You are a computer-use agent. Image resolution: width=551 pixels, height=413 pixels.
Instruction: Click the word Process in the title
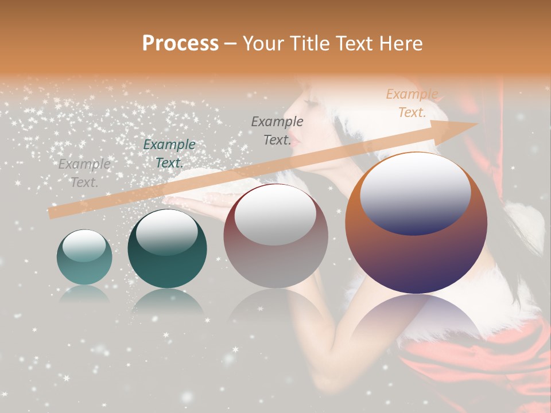pyautogui.click(x=180, y=44)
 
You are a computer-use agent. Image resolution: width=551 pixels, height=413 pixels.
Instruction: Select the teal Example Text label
pyautogui.click(x=169, y=154)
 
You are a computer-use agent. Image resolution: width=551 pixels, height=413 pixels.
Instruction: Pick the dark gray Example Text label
pyautogui.click(x=277, y=130)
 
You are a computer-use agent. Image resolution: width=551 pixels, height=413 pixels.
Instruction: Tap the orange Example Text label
pyautogui.click(x=412, y=103)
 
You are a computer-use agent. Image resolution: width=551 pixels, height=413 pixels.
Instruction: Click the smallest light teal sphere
pyautogui.click(x=84, y=258)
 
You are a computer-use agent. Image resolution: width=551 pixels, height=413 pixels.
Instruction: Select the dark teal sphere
pyautogui.click(x=167, y=249)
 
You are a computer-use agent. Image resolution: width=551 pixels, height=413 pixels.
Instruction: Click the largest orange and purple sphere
pyautogui.click(x=416, y=224)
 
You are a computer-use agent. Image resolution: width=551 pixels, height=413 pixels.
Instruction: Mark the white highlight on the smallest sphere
pyautogui.click(x=84, y=246)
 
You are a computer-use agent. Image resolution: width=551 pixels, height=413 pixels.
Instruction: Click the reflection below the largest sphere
pyautogui.click(x=416, y=321)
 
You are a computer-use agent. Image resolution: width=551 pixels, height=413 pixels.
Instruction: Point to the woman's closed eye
pyautogui.click(x=313, y=103)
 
